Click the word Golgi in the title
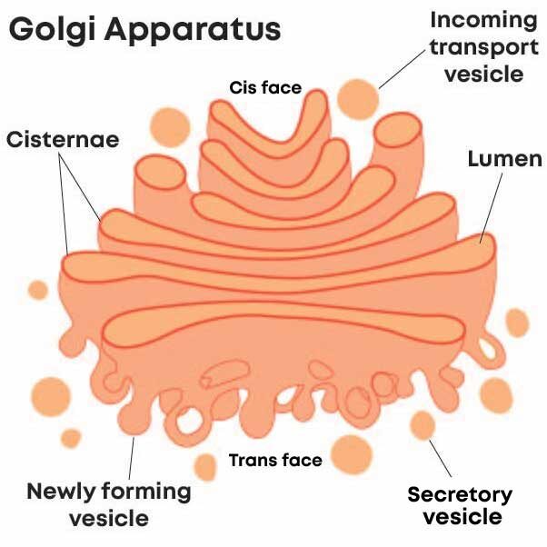point(50,30)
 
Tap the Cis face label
point(264,88)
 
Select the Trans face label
point(275,460)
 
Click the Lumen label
point(503,161)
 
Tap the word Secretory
point(459,495)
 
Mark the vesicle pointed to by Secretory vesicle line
point(422,423)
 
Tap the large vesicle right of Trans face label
point(351,452)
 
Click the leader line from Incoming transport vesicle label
point(401,71)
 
